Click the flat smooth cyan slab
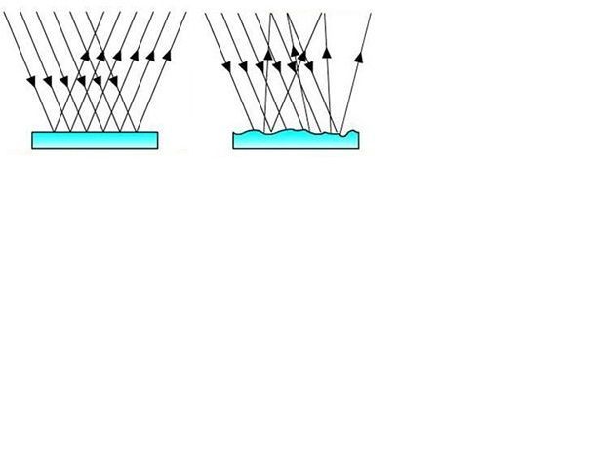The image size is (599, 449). tap(94, 141)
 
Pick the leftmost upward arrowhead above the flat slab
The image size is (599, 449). tap(86, 55)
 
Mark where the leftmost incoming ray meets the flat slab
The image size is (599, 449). tap(60, 131)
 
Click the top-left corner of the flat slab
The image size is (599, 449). tap(32, 132)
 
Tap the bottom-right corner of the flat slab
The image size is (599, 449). tap(156, 149)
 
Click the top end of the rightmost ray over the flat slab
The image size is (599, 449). tap(183, 12)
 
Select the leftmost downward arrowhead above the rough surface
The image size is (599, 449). tap(226, 66)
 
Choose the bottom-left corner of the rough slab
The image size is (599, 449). tap(233, 149)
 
